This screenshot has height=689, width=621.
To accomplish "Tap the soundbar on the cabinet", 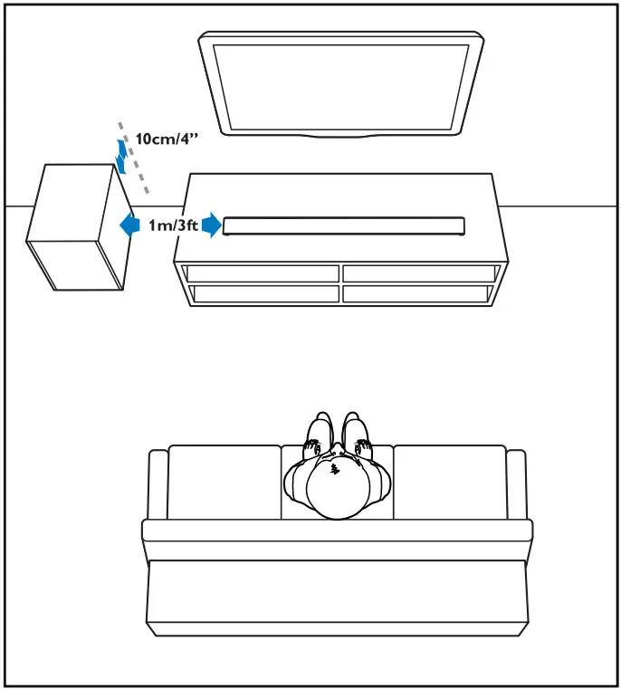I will pos(344,225).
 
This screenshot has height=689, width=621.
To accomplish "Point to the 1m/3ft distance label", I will pos(174,225).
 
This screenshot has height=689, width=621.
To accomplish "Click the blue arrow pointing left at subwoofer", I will pos(130,225).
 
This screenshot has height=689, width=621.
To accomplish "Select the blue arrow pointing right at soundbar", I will pos(211,225).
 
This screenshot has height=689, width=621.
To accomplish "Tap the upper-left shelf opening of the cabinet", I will pos(260,273).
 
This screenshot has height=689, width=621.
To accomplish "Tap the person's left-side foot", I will pos(320,431).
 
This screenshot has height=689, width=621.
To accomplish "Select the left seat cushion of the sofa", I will pos(224,481).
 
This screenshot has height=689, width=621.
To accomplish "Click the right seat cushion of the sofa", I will pos(449,481).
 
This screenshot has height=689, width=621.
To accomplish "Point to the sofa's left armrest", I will pos(158,484).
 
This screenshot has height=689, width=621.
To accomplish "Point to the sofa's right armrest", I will pos(516,484).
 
